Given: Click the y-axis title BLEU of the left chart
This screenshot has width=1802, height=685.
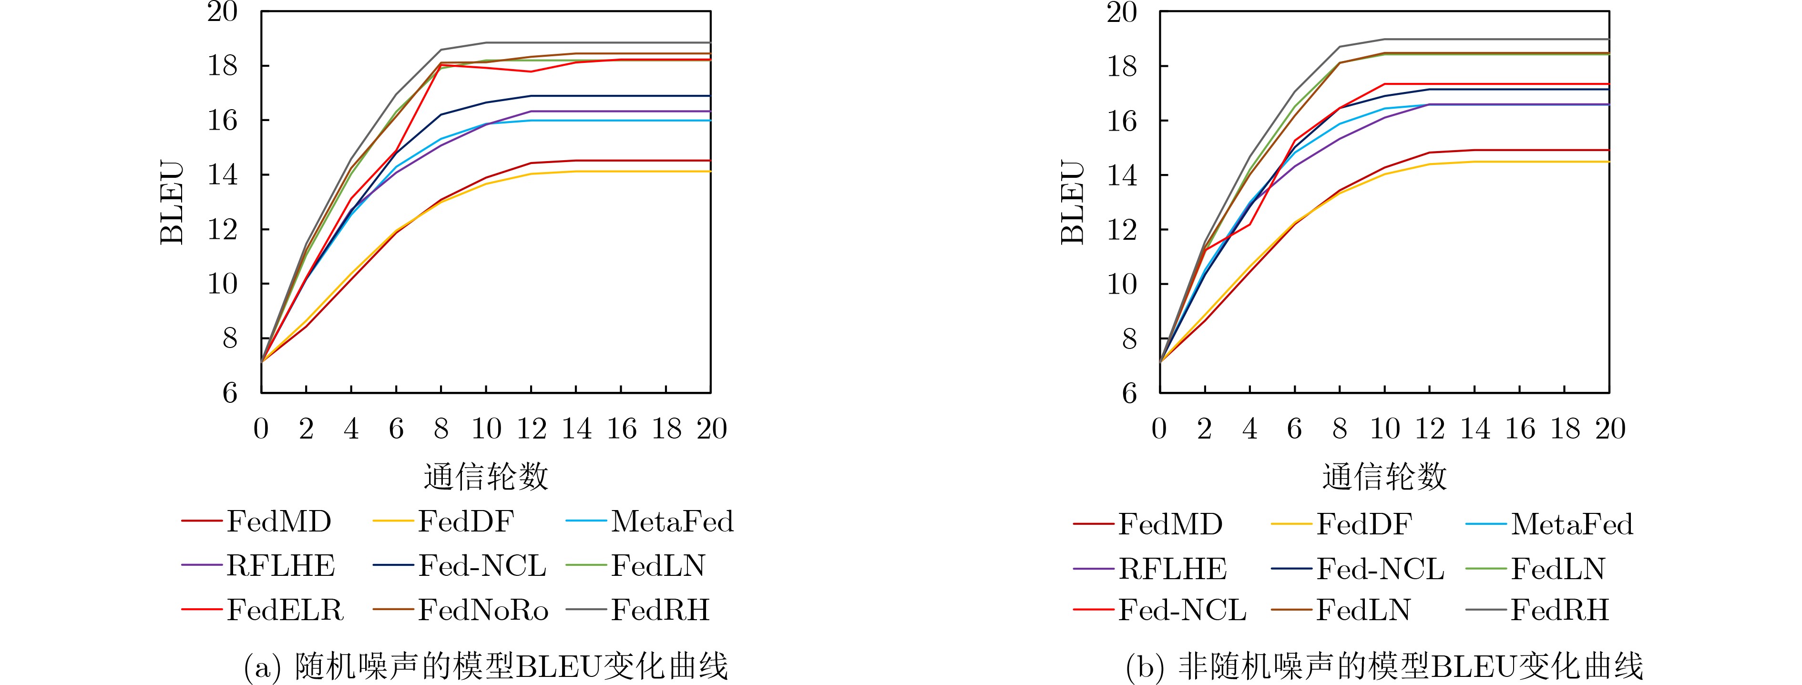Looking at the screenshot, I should coord(172,203).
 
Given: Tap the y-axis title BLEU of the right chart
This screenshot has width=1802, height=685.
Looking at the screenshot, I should coord(1073,203).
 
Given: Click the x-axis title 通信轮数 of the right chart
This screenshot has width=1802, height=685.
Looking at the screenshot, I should coord(1384,477).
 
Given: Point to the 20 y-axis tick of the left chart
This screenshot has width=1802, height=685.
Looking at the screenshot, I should coord(223,12).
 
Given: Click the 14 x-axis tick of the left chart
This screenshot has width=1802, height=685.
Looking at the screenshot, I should coord(576,428).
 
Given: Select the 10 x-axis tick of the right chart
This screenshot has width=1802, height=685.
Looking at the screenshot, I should coord(1384,428).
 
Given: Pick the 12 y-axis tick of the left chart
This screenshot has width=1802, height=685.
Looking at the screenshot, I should coord(223,229).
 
